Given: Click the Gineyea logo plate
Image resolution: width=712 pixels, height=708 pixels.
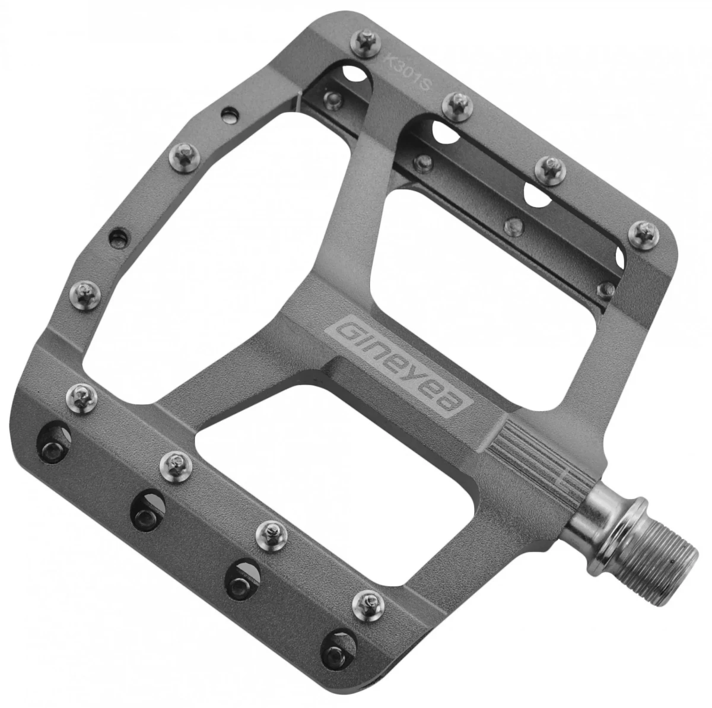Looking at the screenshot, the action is click(399, 366).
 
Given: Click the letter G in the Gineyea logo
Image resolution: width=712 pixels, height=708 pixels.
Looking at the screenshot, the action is click(342, 332).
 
